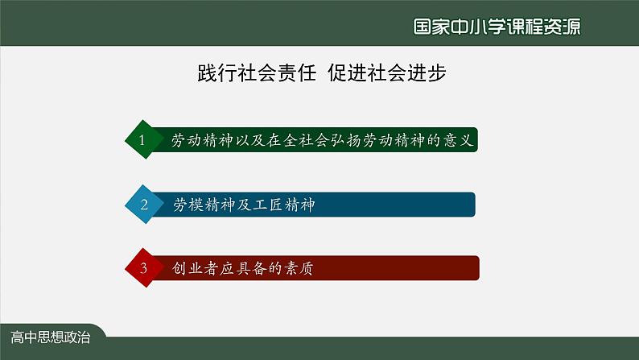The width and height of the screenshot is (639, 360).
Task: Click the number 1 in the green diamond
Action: (143, 140)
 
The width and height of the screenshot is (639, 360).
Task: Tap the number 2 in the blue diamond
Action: (144, 205)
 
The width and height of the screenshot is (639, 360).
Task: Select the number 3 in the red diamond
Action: (144, 269)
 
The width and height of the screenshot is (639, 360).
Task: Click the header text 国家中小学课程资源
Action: (497, 25)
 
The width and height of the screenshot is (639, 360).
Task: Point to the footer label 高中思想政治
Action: (51, 337)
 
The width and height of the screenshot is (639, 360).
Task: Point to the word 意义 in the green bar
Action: (464, 140)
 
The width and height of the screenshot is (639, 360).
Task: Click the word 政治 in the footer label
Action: (77, 337)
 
